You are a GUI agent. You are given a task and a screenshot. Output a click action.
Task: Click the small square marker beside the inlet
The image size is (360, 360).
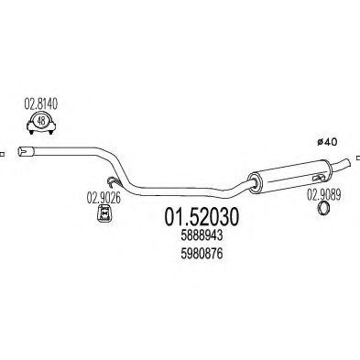(x=3, y=151)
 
